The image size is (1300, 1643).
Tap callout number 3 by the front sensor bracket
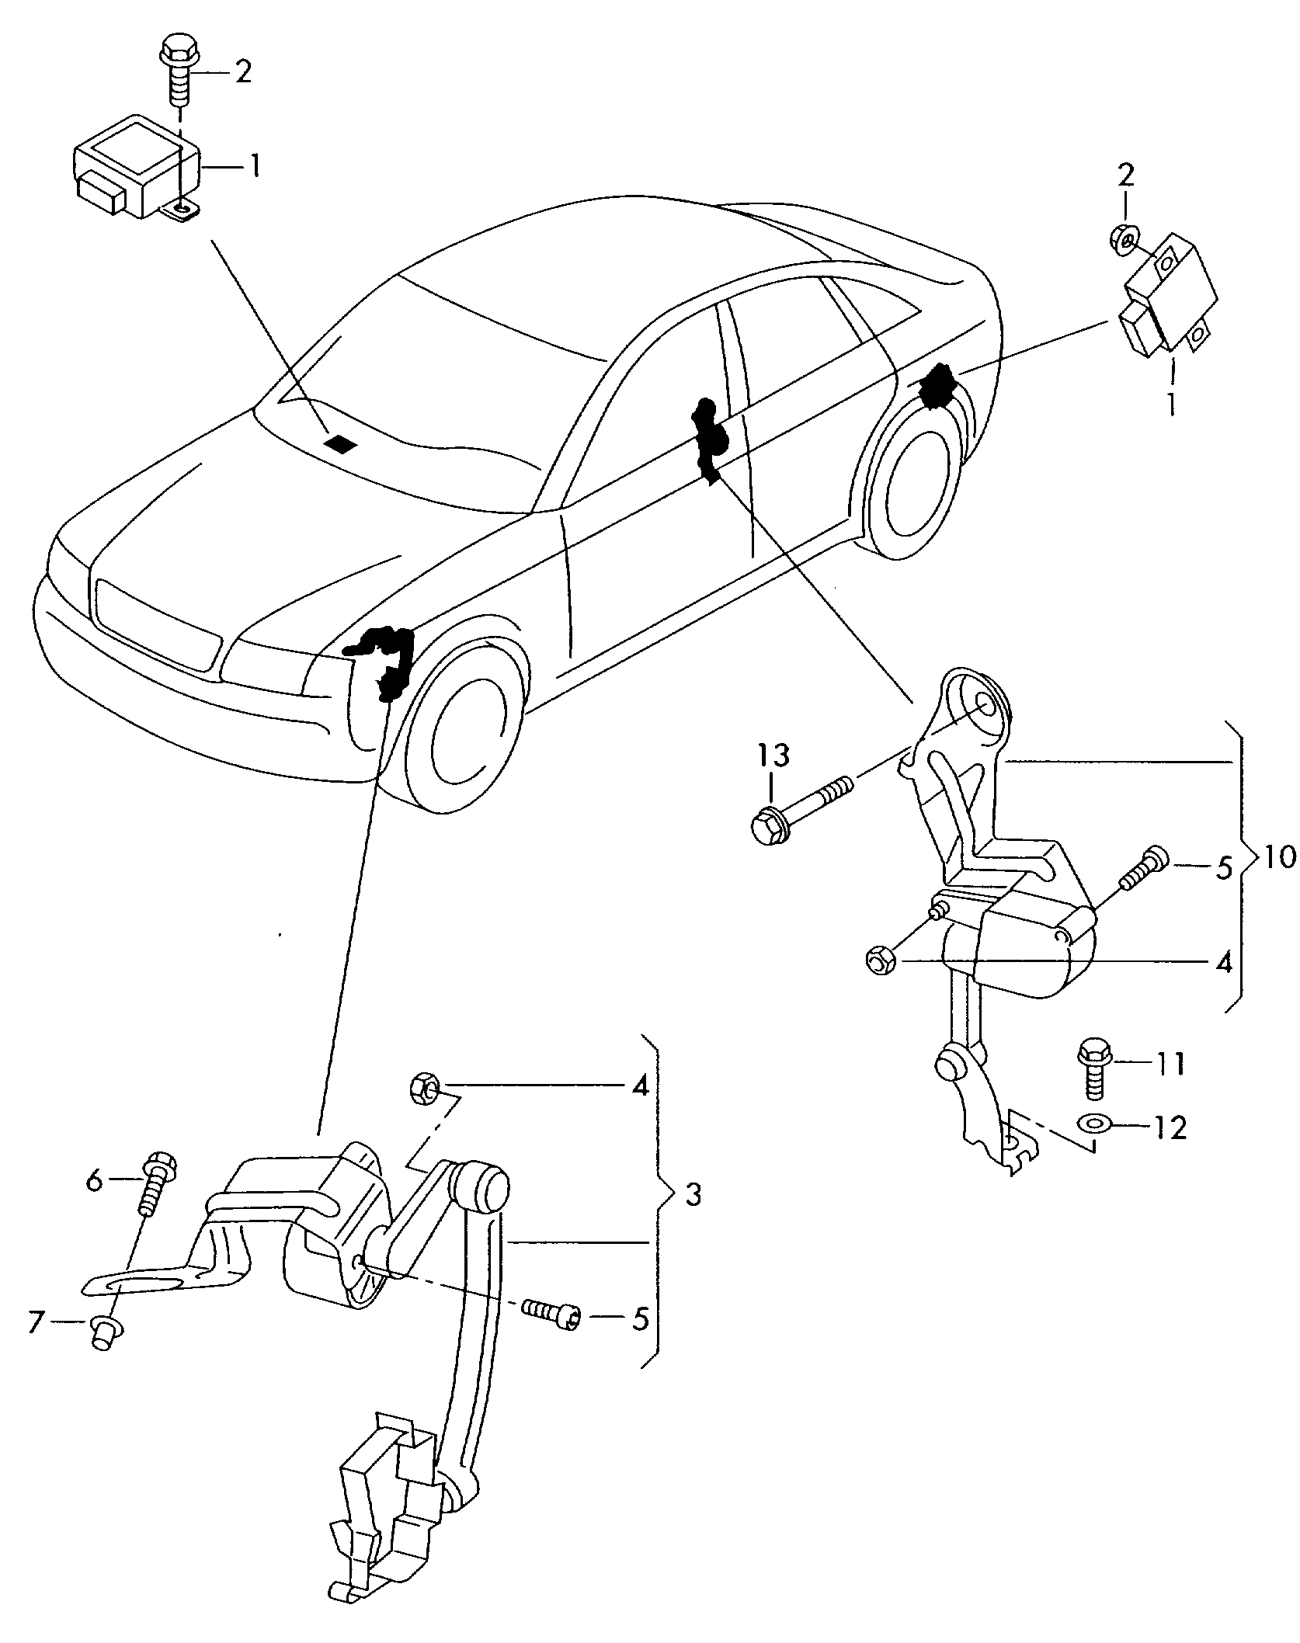click(693, 1216)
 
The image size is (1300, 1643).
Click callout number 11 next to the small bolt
click(1168, 1065)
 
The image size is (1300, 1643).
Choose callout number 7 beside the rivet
click(35, 1322)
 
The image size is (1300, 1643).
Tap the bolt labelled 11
click(1093, 1069)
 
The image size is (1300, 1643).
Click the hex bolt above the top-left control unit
click(177, 76)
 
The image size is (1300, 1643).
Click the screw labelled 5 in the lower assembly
click(550, 1313)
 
